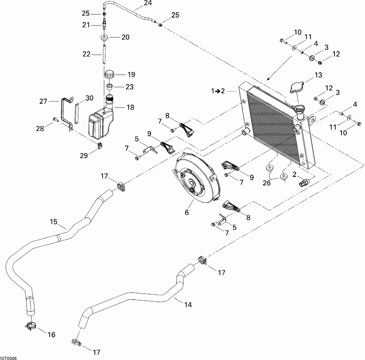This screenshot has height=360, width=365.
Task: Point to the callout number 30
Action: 89,98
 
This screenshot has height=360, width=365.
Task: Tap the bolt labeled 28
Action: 55,120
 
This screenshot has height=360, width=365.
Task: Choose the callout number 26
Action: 266,183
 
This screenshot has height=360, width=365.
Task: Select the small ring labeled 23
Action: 109,86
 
